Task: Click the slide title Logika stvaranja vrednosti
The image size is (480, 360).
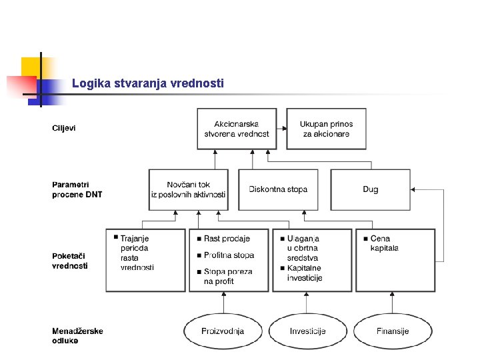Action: pyautogui.click(x=148, y=83)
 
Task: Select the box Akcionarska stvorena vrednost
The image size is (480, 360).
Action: pyautogui.click(x=237, y=129)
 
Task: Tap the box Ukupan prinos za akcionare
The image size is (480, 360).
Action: pyautogui.click(x=326, y=129)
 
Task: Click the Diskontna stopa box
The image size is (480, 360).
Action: pyautogui.click(x=278, y=189)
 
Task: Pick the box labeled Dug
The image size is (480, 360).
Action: pyautogui.click(x=371, y=189)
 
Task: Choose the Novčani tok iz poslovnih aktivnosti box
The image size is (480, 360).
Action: pyautogui.click(x=188, y=189)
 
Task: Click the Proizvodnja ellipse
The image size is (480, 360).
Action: pyautogui.click(x=223, y=331)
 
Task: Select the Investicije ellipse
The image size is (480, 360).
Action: pyautogui.click(x=308, y=331)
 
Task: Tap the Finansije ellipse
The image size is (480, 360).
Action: pyautogui.click(x=393, y=331)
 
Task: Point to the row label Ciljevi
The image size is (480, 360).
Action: pyautogui.click(x=64, y=128)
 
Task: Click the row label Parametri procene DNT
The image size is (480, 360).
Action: pyautogui.click(x=77, y=189)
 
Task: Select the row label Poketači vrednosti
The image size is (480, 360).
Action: pyautogui.click(x=70, y=261)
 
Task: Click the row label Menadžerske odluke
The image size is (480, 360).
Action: pyautogui.click(x=77, y=335)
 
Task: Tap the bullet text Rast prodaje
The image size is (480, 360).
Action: pyautogui.click(x=227, y=239)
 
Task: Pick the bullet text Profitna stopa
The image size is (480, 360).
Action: pyautogui.click(x=229, y=255)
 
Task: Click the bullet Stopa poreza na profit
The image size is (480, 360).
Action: pyautogui.click(x=228, y=277)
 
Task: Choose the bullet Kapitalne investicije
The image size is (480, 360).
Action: pyautogui.click(x=305, y=273)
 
